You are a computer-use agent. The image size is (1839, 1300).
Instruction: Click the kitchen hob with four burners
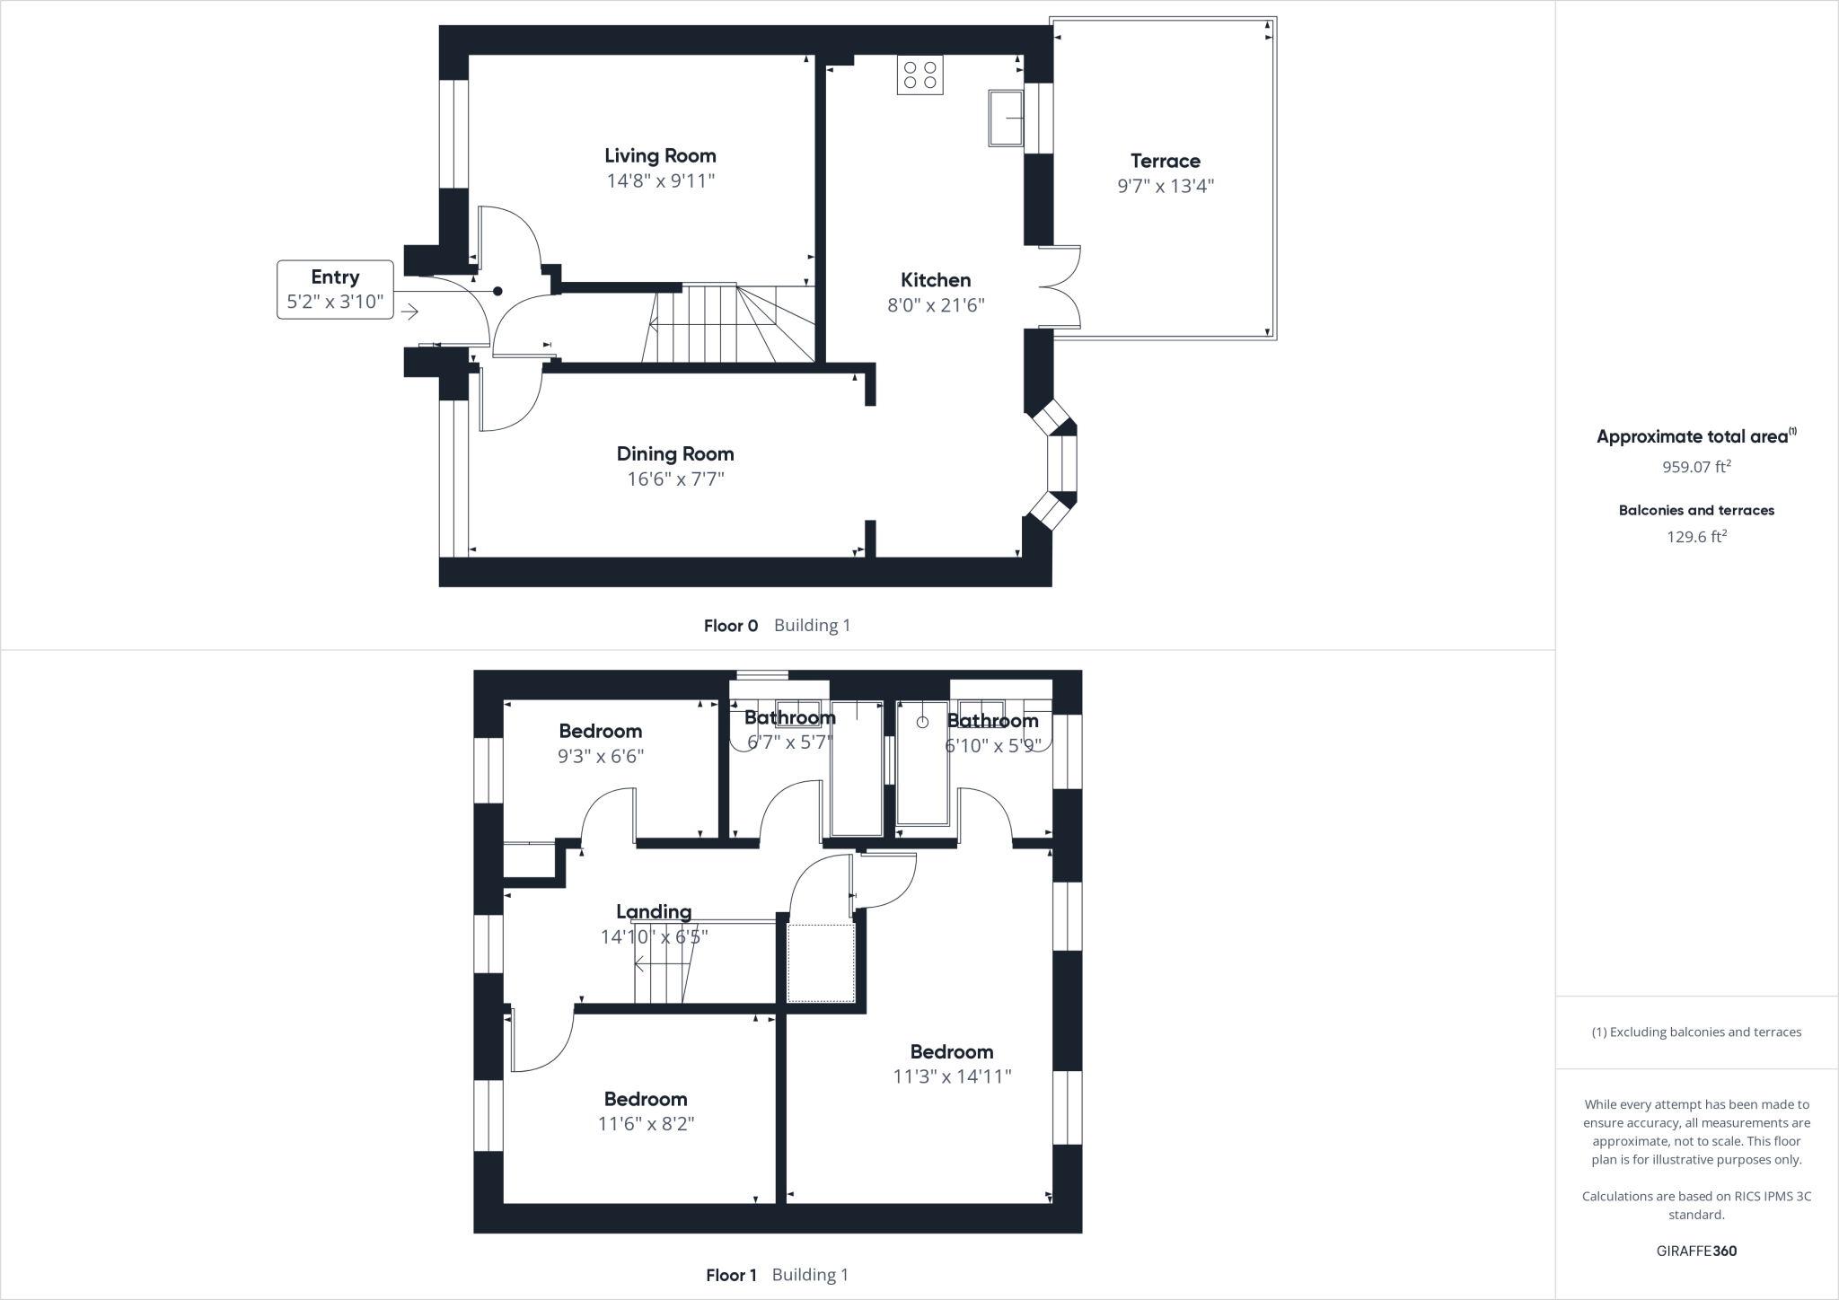tap(919, 75)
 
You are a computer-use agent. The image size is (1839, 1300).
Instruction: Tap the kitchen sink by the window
tap(1006, 118)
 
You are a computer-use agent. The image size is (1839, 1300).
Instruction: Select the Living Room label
tap(660, 155)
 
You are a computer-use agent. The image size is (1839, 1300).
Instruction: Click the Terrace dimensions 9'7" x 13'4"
tap(1165, 186)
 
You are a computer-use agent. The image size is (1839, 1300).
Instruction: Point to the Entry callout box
tap(335, 289)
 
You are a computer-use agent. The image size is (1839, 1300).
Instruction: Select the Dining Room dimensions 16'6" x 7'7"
tap(675, 479)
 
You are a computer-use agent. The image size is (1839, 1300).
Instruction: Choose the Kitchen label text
tap(936, 279)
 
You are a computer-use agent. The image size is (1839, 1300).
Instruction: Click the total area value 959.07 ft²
tap(1696, 467)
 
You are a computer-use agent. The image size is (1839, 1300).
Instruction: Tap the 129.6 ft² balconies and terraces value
tap(1696, 537)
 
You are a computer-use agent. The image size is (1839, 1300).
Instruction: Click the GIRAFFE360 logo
tap(1696, 1251)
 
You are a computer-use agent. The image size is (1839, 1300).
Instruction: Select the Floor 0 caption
tap(731, 626)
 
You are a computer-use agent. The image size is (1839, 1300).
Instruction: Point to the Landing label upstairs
tap(654, 912)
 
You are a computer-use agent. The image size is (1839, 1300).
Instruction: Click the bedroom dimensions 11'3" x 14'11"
tap(952, 1076)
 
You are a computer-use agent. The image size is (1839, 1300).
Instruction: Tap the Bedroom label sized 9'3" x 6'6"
tap(600, 731)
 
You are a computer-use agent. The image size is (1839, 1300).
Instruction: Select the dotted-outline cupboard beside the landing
tap(821, 962)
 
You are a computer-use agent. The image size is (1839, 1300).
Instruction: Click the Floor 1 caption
tap(731, 1275)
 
